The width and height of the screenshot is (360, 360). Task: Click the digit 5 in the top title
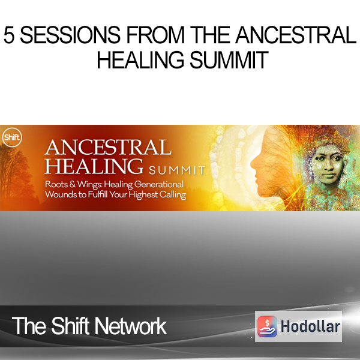(x=9, y=35)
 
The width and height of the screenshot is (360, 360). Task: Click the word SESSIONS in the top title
(x=70, y=35)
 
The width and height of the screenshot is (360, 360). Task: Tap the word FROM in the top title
(x=155, y=35)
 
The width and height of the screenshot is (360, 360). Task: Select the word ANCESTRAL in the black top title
(x=296, y=35)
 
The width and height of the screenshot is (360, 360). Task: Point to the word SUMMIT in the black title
(x=229, y=60)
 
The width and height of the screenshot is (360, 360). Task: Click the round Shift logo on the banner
(x=12, y=137)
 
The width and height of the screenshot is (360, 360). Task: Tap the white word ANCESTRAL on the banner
(x=108, y=148)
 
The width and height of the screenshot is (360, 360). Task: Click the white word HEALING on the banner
(x=94, y=166)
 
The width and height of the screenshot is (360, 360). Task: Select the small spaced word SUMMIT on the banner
(x=177, y=170)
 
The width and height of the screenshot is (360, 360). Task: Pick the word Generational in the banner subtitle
(x=159, y=184)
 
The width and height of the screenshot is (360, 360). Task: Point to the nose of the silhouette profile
(x=253, y=164)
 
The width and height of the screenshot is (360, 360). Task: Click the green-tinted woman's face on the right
(x=326, y=164)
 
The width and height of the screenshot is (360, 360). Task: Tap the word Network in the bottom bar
(x=131, y=326)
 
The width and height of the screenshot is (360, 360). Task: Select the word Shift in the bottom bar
(x=70, y=326)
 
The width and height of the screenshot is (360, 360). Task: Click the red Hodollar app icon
(x=267, y=326)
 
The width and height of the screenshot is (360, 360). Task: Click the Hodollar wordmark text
(x=310, y=326)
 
